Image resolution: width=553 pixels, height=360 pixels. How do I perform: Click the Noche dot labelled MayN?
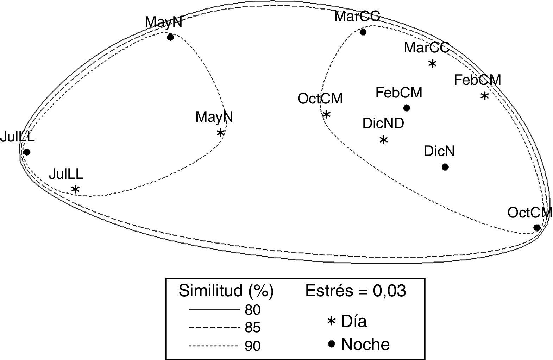point(170,37)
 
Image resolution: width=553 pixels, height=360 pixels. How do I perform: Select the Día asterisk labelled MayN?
point(220,133)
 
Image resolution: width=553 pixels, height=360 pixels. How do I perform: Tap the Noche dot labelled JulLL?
point(26,152)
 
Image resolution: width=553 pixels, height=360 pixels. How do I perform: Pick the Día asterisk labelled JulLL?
point(75,189)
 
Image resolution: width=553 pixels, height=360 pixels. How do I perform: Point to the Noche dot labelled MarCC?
point(363,32)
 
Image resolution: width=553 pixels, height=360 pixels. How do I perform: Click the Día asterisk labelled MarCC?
point(432,64)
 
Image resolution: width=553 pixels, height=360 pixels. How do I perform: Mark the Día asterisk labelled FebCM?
point(484,96)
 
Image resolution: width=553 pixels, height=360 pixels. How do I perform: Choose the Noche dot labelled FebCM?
point(407,108)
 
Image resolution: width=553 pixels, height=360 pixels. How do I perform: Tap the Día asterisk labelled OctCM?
point(326,114)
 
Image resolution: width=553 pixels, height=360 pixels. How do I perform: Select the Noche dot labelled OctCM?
point(537,228)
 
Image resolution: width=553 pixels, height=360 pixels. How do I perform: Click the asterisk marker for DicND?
point(383,140)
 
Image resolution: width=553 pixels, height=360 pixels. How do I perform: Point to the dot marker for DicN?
point(445,167)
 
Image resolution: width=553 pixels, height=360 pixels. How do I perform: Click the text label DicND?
point(383,124)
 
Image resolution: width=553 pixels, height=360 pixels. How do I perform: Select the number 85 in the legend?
point(253,328)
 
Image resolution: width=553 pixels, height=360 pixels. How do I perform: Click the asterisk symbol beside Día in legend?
point(331,321)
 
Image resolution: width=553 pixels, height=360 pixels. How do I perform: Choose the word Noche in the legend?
point(365,344)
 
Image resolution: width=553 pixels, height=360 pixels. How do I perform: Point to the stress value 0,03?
point(391,291)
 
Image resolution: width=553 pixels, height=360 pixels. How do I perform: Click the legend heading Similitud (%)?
point(226,291)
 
